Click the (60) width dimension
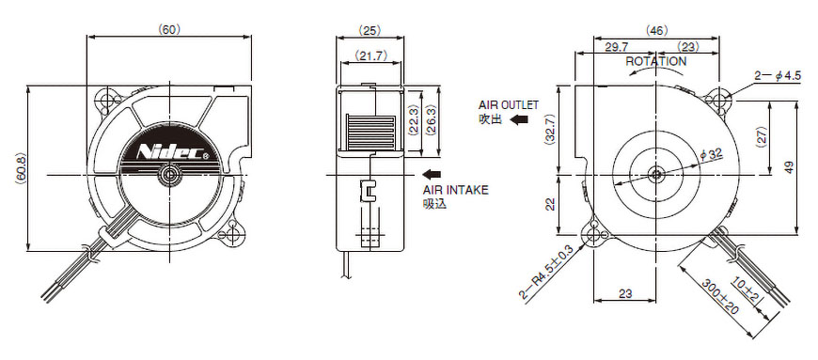click(169, 30)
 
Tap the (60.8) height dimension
click(20, 168)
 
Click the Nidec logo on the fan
click(170, 152)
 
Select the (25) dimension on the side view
click(370, 30)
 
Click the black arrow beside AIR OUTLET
click(519, 119)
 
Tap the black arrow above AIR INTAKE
click(432, 174)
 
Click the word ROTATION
click(655, 61)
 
